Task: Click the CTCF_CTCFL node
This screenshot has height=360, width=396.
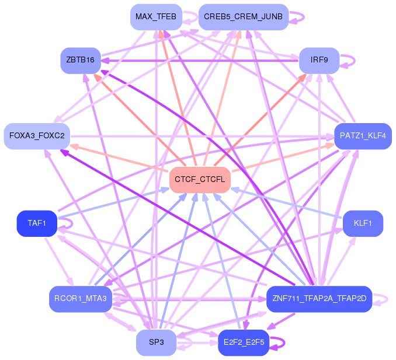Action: coord(200,180)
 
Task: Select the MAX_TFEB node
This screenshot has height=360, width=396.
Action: coord(156,17)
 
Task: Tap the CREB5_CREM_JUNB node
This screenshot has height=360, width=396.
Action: coord(244,17)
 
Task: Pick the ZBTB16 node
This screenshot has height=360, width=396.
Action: coord(81,61)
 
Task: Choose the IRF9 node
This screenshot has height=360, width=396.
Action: coord(319,61)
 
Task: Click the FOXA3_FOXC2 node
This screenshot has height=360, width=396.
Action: coord(37,136)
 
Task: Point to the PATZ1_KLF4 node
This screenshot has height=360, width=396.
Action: coord(363,136)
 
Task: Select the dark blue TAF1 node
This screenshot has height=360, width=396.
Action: coord(37,223)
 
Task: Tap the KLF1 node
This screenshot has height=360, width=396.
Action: coord(363,223)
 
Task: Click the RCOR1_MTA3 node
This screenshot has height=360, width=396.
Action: coord(81,299)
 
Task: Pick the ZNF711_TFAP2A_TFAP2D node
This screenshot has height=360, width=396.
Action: coord(319,299)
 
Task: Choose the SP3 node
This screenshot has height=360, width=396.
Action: coord(156,342)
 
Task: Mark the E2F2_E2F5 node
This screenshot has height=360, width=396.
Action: coord(244,342)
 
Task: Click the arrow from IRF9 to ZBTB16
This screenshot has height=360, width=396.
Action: coord(200,61)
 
